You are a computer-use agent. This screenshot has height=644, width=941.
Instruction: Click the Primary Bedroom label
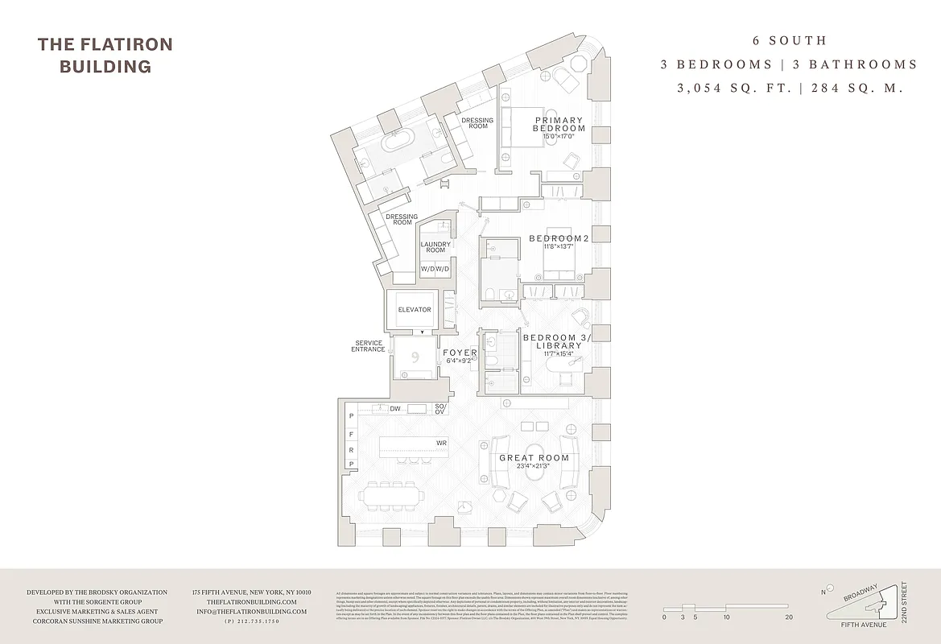pyautogui.click(x=559, y=125)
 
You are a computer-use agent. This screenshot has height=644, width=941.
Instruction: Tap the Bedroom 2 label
pyautogui.click(x=559, y=239)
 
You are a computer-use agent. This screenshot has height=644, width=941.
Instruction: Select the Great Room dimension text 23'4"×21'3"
pyautogui.click(x=534, y=466)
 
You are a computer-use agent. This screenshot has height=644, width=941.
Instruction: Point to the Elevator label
pyautogui.click(x=415, y=310)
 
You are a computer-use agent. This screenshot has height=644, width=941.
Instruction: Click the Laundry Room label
pyautogui.click(x=435, y=247)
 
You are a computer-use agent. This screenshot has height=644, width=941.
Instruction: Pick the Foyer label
pyautogui.click(x=460, y=353)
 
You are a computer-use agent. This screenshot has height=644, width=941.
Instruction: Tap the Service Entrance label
pyautogui.click(x=369, y=347)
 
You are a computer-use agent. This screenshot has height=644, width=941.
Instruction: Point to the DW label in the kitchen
pyautogui.click(x=395, y=409)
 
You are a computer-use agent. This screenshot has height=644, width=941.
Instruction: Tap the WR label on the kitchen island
pyautogui.click(x=441, y=444)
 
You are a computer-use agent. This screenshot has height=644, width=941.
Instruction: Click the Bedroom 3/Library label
pyautogui.click(x=556, y=341)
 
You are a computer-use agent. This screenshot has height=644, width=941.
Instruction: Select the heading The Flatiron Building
pyautogui.click(x=105, y=55)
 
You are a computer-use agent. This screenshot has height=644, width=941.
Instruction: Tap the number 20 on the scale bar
pyautogui.click(x=788, y=617)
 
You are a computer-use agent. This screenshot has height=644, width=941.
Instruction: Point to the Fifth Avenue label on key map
pyautogui.click(x=863, y=625)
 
